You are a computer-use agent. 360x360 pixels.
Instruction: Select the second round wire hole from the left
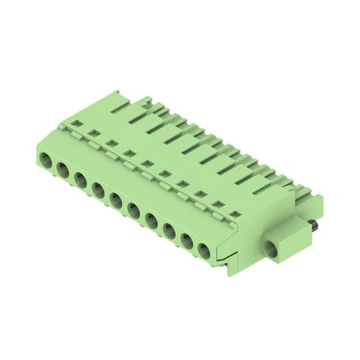63,170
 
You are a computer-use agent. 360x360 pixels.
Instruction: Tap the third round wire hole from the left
80,180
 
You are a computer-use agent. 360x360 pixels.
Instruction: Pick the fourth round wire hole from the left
98,190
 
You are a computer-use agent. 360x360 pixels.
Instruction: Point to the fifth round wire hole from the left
115,200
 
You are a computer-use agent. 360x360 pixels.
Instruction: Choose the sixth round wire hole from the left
133,209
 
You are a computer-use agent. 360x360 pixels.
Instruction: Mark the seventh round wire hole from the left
151,220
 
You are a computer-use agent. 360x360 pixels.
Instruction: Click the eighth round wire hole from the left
168,230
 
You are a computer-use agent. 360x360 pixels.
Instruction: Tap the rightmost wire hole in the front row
203,250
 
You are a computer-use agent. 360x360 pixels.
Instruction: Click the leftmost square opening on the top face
76,124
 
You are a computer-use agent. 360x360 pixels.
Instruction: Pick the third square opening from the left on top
112,143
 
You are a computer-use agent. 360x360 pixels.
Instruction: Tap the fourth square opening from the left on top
129,153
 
